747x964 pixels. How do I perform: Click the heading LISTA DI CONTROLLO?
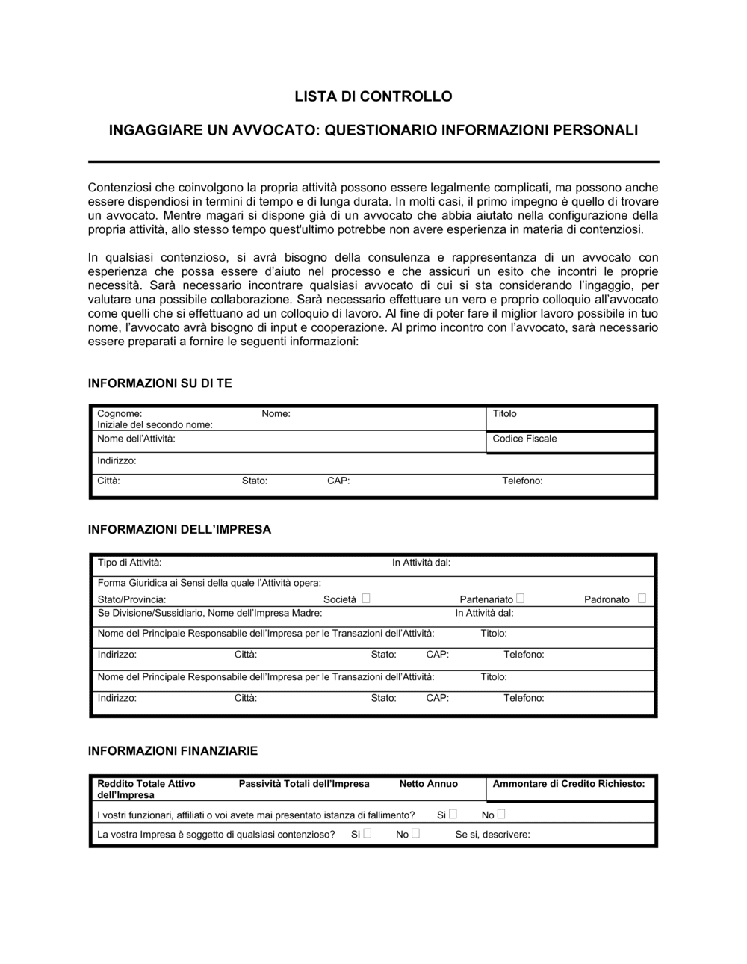click(x=373, y=96)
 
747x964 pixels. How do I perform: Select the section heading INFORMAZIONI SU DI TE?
click(x=160, y=383)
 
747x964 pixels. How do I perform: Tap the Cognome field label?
click(x=120, y=413)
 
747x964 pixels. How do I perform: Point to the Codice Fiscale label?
click(x=524, y=439)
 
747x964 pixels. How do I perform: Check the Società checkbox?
click(x=366, y=598)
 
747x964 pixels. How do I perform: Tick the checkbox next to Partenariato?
click(x=520, y=598)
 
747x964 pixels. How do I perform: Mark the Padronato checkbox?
click(x=642, y=598)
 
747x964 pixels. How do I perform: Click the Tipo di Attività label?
click(x=129, y=563)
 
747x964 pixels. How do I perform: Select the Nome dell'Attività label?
click(x=136, y=439)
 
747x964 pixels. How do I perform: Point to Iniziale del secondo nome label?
click(x=155, y=424)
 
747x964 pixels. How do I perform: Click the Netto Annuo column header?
click(x=428, y=784)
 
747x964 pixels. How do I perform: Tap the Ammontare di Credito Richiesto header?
click(x=568, y=784)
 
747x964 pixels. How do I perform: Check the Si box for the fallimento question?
click(x=453, y=814)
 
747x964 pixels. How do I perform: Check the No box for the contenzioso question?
click(x=415, y=833)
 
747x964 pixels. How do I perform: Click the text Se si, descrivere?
click(x=492, y=835)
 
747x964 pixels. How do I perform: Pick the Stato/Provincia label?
click(x=131, y=599)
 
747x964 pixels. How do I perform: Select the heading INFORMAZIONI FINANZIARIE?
click(x=173, y=750)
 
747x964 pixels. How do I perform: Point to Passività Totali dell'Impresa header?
click(x=304, y=784)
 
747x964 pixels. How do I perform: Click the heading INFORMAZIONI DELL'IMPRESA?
click(x=179, y=529)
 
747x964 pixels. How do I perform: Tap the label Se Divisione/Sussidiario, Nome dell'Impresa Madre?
click(x=210, y=613)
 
